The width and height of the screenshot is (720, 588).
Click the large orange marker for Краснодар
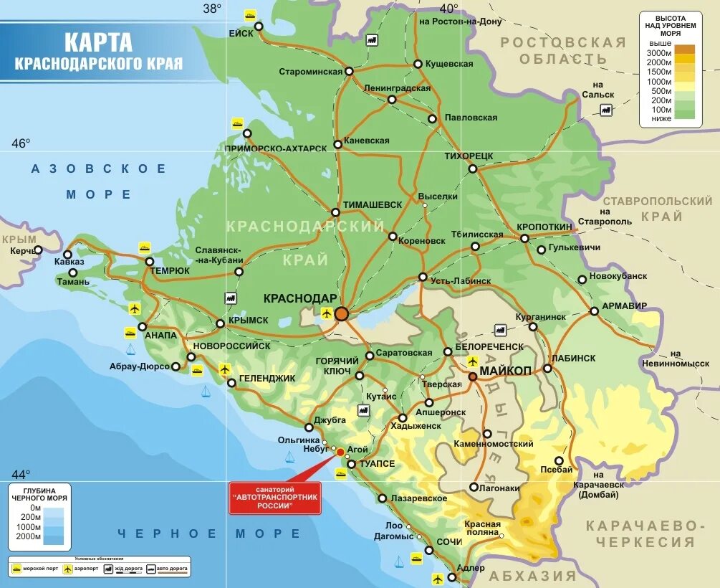pos(342,313)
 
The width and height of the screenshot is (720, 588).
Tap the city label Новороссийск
pos(236,346)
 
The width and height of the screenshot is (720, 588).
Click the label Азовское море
pos(99,181)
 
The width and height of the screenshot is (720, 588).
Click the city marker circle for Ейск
pos(259,27)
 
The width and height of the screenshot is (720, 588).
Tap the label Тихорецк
pos(469,156)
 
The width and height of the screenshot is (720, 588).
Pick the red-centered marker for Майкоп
pos(473,376)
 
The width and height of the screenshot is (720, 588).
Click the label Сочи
pos(449,541)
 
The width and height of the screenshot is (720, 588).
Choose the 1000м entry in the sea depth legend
pos(30,526)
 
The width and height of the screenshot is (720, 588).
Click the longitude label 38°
pos(212,9)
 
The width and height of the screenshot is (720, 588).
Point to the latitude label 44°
pos(21,474)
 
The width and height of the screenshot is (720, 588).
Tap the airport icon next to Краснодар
pos(327,313)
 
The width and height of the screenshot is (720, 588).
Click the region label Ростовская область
pos(563,50)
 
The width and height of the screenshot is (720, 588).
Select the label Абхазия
pos(533,576)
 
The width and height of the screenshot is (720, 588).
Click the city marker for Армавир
pos(594,311)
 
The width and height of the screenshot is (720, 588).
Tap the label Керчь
pos(21,251)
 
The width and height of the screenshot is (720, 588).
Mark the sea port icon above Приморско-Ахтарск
pos(237,123)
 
